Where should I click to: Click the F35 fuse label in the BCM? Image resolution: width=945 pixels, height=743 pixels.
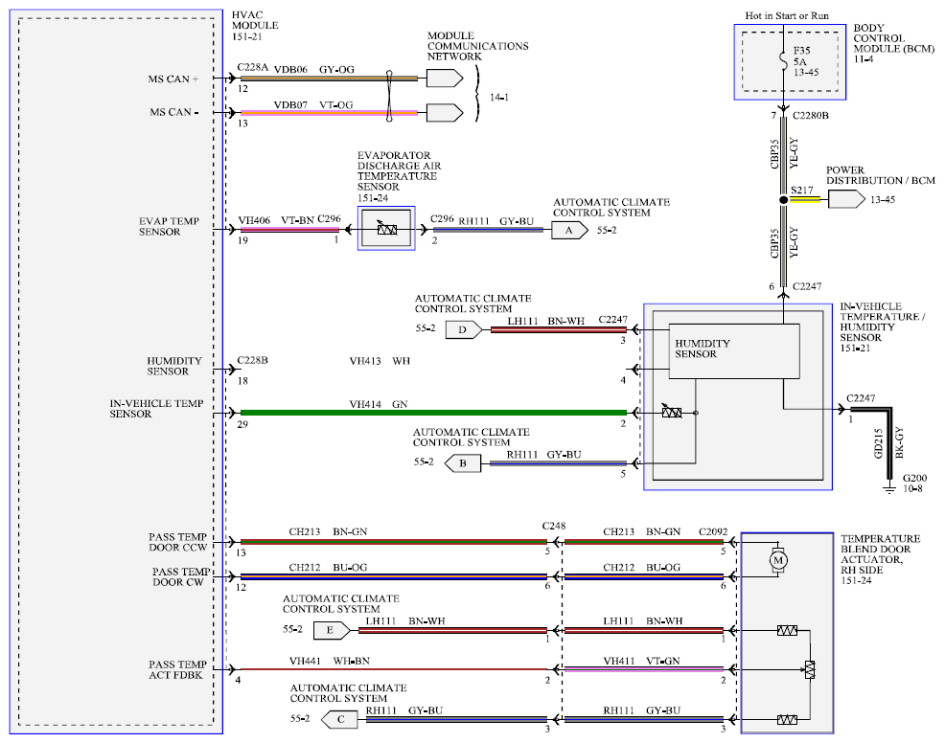[x=801, y=51]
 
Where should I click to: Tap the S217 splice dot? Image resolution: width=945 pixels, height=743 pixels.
[x=783, y=199]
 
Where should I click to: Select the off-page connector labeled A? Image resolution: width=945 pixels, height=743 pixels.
[x=569, y=230]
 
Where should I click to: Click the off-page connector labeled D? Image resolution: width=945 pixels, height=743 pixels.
[x=464, y=330]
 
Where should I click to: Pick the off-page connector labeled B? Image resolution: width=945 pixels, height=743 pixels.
[x=462, y=463]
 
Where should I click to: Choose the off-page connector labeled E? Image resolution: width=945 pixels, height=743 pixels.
[x=332, y=630]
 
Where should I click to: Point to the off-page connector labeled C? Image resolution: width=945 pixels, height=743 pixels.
[x=339, y=719]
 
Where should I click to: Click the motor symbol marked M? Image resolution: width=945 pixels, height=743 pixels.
[x=778, y=560]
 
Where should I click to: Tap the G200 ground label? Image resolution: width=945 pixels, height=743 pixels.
[x=914, y=478]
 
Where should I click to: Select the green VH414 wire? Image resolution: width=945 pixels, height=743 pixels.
[x=433, y=413]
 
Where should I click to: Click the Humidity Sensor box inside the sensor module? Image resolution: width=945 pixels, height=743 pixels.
[x=734, y=351]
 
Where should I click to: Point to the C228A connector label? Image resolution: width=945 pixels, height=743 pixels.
[x=252, y=67]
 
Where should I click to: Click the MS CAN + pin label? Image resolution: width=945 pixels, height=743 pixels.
[x=173, y=79]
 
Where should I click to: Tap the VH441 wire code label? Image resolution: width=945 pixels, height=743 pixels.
[x=305, y=661]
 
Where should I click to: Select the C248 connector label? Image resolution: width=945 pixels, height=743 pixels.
[x=554, y=527]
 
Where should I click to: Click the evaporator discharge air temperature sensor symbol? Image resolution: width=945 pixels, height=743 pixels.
[x=386, y=229]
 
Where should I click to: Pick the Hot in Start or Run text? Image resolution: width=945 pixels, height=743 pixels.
[x=787, y=15]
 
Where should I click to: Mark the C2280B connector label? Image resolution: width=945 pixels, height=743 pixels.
[x=811, y=116]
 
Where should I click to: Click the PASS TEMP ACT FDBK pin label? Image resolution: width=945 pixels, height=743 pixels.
[x=177, y=669]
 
